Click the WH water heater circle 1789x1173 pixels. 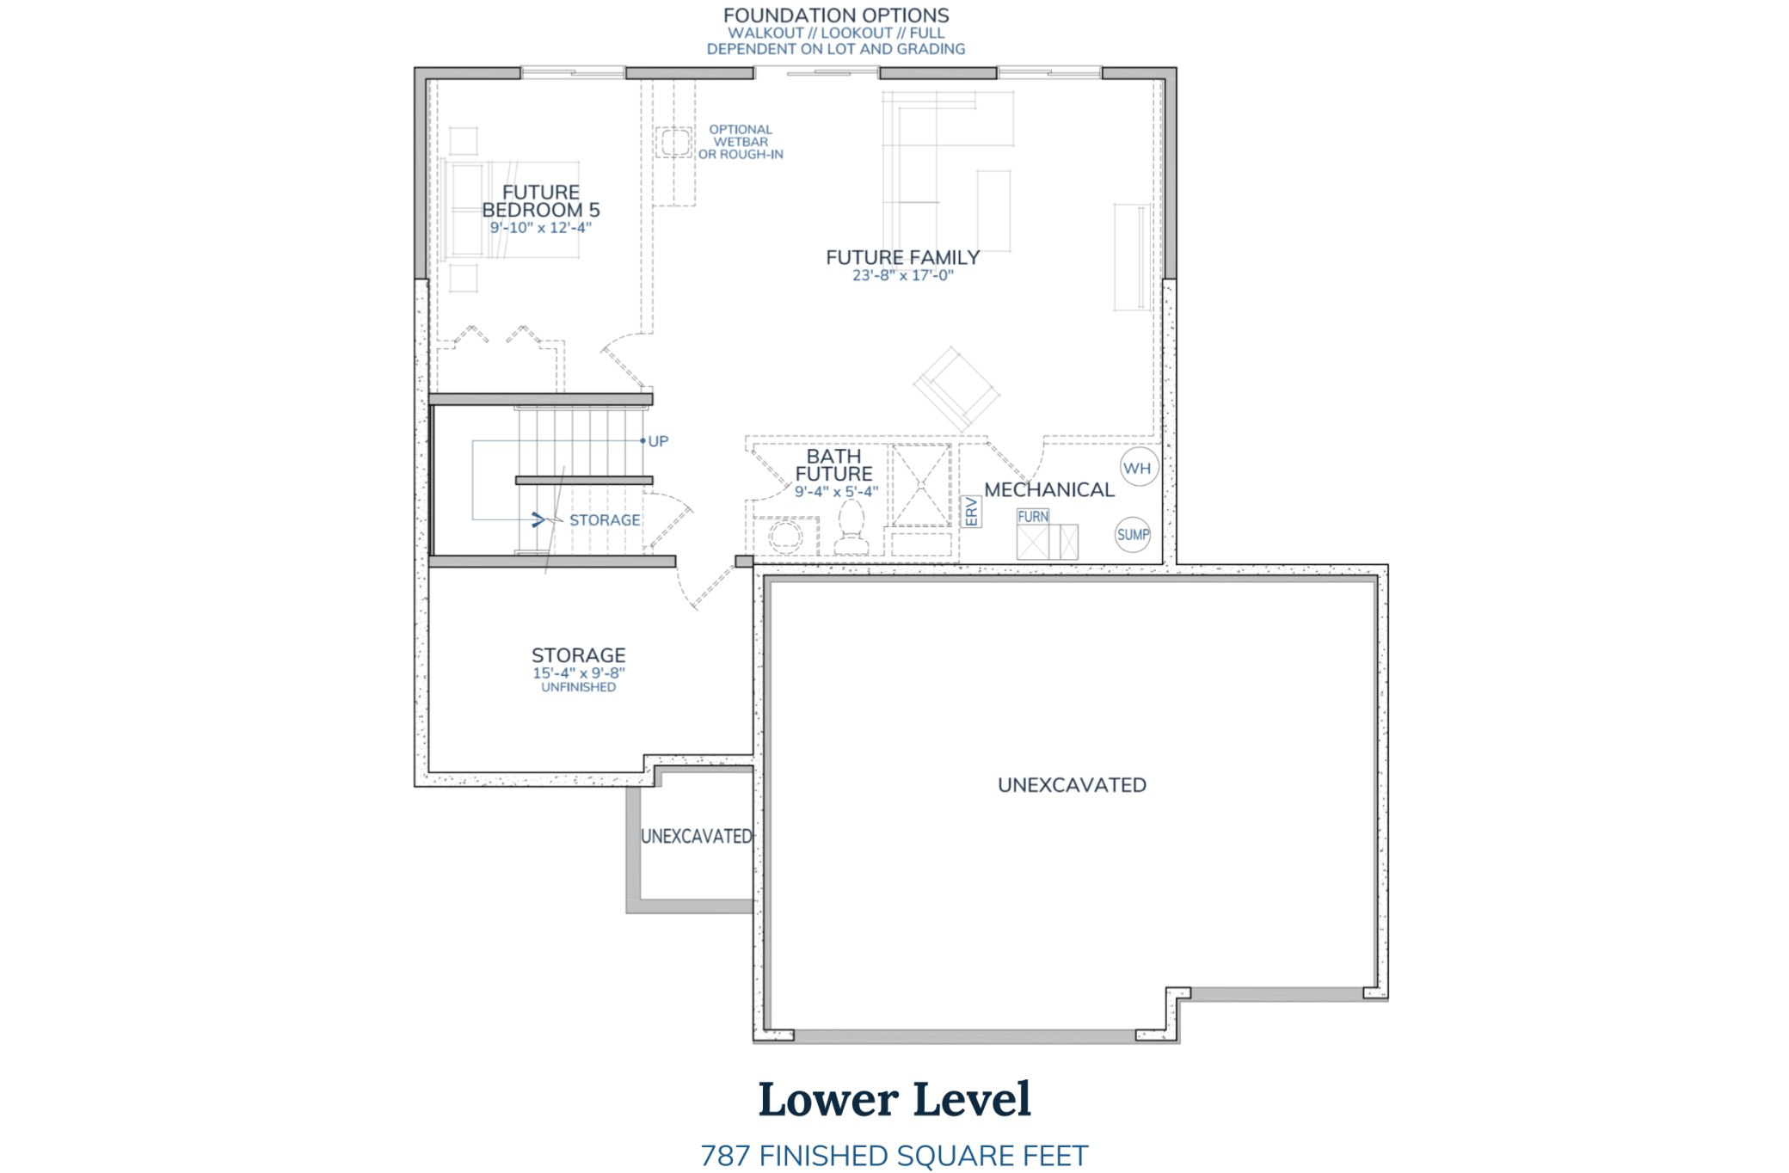click(x=1139, y=468)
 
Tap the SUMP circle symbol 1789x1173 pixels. click(x=1133, y=535)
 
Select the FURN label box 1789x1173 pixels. click(x=1033, y=517)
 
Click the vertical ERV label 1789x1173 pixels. click(x=971, y=512)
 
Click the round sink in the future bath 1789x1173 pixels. click(x=785, y=537)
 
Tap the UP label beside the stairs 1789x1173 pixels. click(x=658, y=441)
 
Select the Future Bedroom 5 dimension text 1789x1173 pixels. click(x=541, y=228)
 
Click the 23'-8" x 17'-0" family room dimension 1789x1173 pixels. click(x=902, y=276)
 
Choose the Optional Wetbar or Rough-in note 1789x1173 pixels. click(x=741, y=142)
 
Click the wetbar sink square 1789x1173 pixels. click(x=674, y=142)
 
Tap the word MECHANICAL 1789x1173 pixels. click(x=1048, y=490)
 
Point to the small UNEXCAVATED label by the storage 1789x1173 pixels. click(x=696, y=836)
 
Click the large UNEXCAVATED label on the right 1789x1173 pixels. click(x=1072, y=785)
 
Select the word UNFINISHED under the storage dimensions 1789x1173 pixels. click(x=578, y=687)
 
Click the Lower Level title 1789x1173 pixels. click(x=894, y=1100)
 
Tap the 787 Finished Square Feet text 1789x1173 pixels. click(x=894, y=1156)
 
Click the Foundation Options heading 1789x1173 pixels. click(x=836, y=15)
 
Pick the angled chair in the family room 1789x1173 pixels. click(x=956, y=389)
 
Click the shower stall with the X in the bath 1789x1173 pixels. click(x=920, y=485)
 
